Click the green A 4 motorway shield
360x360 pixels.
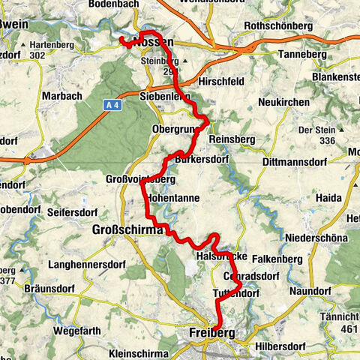[112, 106]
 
